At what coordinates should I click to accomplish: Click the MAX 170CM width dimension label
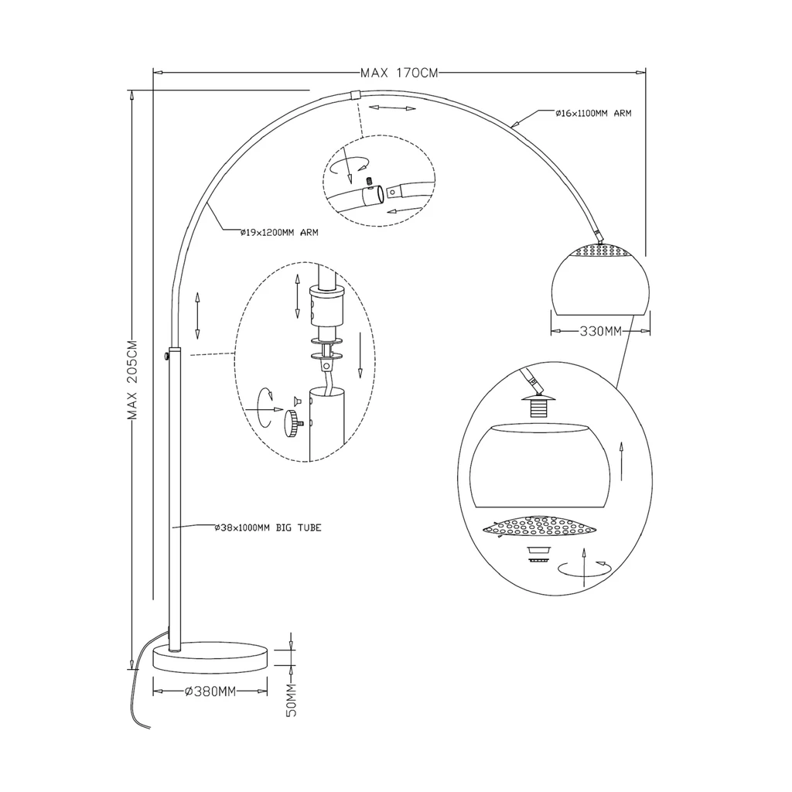point(399,73)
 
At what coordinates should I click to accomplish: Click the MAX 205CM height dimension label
point(133,380)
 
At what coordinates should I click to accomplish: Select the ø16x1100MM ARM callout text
point(593,113)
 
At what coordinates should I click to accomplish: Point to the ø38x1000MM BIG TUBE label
point(268,527)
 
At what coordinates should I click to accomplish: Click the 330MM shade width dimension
point(600,332)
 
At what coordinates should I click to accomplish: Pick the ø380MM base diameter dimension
point(210,691)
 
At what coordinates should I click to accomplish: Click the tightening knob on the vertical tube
point(167,357)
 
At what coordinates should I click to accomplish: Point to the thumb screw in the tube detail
point(293,422)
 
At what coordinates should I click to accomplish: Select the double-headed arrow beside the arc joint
point(393,108)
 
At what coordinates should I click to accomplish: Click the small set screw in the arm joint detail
point(370,183)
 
